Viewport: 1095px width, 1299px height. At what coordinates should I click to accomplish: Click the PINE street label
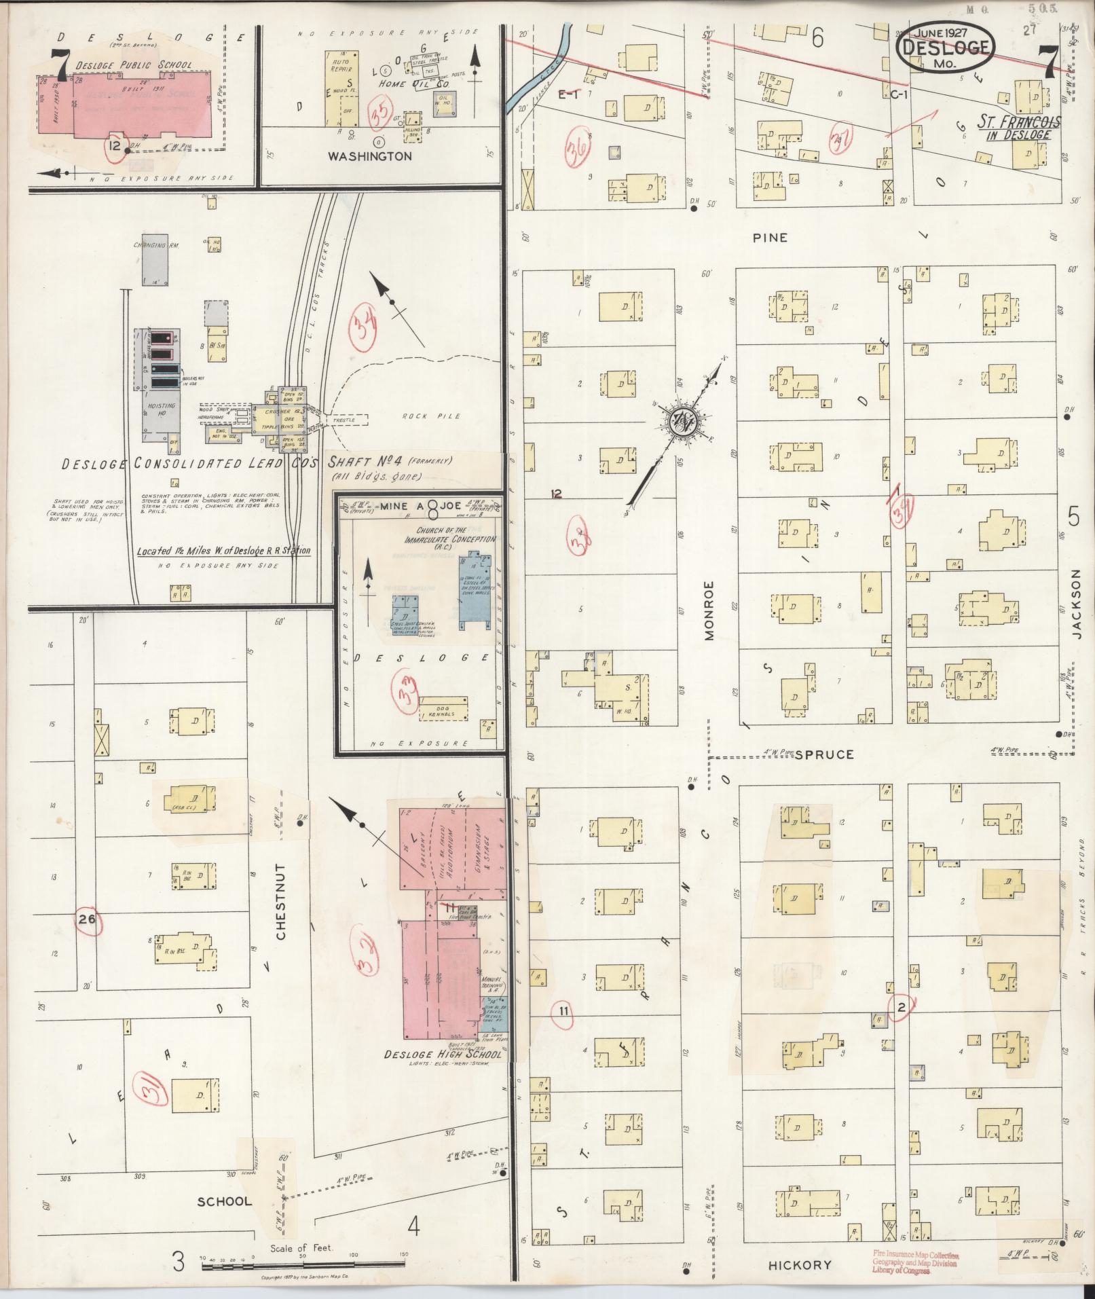point(770,238)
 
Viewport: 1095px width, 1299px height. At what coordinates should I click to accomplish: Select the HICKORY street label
point(800,1265)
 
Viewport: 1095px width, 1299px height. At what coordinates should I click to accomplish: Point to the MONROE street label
point(709,610)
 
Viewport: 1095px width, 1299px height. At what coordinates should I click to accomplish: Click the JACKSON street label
point(1077,603)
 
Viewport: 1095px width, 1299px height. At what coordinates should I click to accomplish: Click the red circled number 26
point(87,920)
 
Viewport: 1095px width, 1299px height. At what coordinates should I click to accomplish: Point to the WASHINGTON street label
point(369,155)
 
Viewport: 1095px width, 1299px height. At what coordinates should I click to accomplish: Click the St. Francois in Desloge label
point(1018,127)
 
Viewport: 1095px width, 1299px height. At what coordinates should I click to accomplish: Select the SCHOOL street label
point(224,1201)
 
